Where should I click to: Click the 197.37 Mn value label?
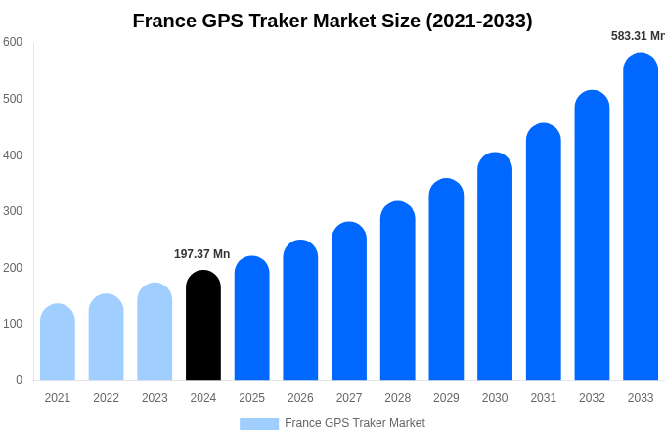click(x=201, y=254)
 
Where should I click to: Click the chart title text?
click(x=332, y=21)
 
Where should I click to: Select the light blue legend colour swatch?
click(x=259, y=424)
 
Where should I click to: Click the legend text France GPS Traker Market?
click(x=355, y=423)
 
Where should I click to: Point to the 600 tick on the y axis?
click(x=13, y=42)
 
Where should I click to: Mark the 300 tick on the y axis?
click(x=13, y=211)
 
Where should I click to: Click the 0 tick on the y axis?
click(x=19, y=380)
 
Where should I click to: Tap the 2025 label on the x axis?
click(x=252, y=398)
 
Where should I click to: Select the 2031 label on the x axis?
click(x=544, y=398)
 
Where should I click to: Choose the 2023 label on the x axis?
click(x=155, y=398)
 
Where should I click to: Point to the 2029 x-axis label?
click(x=446, y=398)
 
